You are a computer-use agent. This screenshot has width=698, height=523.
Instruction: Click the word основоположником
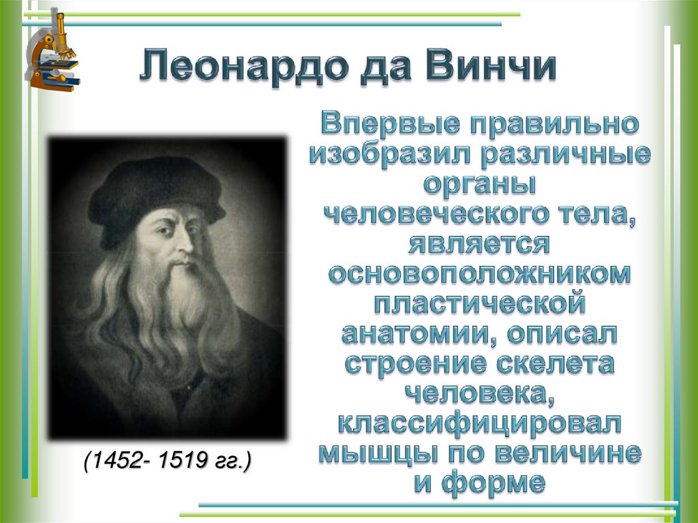pos(480,273)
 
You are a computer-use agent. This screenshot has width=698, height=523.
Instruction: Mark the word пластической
pos(480,303)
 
